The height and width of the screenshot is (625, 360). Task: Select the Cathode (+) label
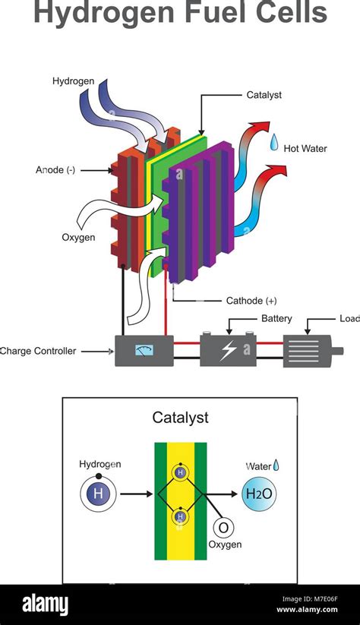click(x=251, y=301)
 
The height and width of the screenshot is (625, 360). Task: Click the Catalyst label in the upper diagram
click(x=266, y=96)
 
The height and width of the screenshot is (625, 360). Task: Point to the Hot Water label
click(x=305, y=149)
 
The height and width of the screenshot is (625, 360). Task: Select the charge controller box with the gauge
click(x=142, y=351)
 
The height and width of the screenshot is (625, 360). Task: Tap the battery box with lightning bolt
click(x=228, y=351)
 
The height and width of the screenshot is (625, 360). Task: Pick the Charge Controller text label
click(x=38, y=352)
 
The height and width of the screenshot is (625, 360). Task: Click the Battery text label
click(x=276, y=318)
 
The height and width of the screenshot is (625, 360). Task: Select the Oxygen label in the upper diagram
click(x=78, y=238)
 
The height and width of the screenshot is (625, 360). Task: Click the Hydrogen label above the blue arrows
click(x=74, y=80)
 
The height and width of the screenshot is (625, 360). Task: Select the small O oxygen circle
click(x=224, y=528)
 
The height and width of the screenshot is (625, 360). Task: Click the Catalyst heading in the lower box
click(x=180, y=417)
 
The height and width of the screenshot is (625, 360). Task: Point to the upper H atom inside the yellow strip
click(x=180, y=472)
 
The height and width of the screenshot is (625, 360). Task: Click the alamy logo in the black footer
click(x=40, y=604)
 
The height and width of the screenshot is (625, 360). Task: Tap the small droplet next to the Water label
click(x=276, y=464)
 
